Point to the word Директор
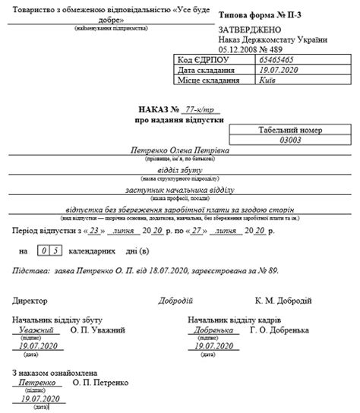30,301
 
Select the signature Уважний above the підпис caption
36,331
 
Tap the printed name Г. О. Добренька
278,331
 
